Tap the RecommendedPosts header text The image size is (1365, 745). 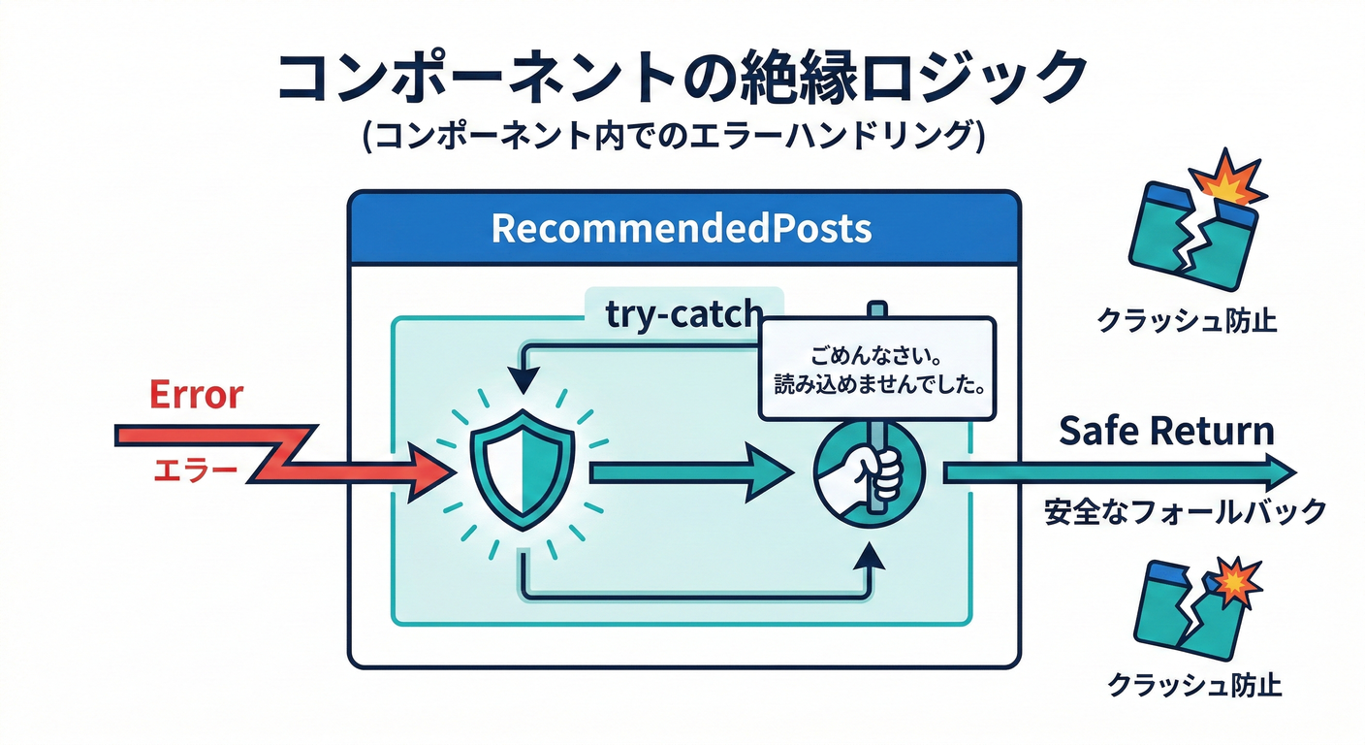coord(682,229)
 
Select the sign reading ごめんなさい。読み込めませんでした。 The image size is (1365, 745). coord(876,369)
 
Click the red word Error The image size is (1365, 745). coord(197,395)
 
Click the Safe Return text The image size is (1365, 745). coord(1166,431)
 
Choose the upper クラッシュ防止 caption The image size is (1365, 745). coord(1188,320)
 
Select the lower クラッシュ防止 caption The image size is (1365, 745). coord(1195,685)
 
